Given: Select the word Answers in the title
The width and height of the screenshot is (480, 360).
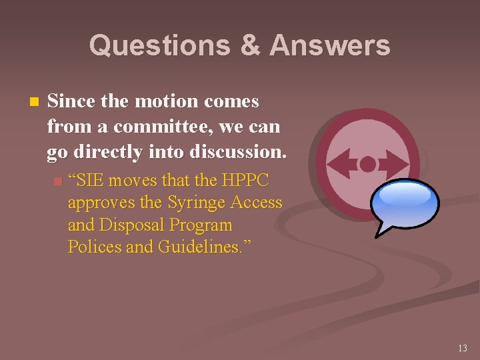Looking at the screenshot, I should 330,45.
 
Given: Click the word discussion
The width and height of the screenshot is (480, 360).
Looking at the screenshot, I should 238,151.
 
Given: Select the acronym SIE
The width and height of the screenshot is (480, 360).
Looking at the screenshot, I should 89,180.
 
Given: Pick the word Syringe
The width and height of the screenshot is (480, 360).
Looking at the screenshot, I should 194,202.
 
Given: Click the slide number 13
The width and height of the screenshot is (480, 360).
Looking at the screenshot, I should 463,347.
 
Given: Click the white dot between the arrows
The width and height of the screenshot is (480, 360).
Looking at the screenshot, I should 367,163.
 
